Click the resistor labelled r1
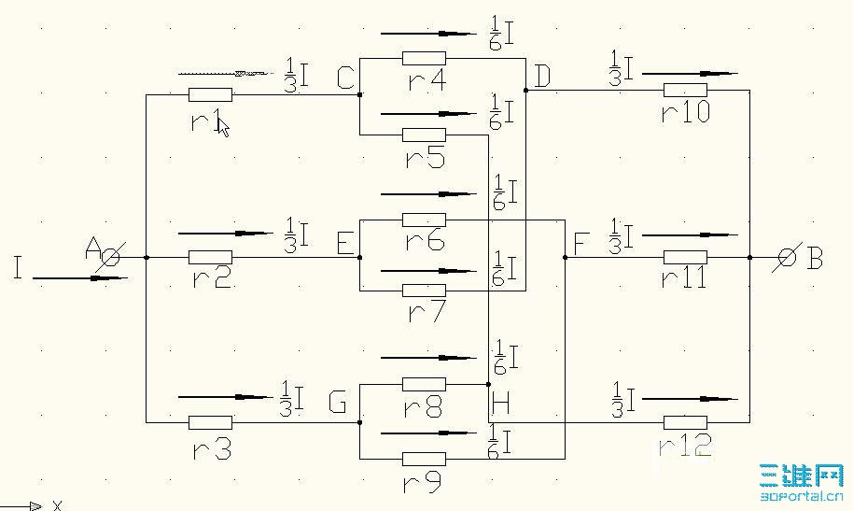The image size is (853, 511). tap(210, 94)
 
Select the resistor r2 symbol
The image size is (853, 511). tap(210, 257)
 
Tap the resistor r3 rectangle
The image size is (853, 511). tap(210, 422)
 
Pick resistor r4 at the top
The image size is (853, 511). tap(424, 58)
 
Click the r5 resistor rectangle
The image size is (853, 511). tap(424, 135)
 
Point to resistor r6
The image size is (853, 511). tap(424, 220)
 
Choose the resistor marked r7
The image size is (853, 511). tap(424, 290)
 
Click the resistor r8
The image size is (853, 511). tap(424, 384)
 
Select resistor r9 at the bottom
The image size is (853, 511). tap(424, 459)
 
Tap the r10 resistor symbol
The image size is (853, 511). tap(685, 91)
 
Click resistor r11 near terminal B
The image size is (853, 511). tap(685, 257)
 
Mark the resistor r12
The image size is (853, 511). tap(685, 422)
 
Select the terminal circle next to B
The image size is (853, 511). tap(787, 257)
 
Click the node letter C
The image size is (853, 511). tap(344, 80)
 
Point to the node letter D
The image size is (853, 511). tap(542, 78)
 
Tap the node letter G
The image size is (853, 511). tap(338, 404)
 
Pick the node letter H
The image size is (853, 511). tap(500, 403)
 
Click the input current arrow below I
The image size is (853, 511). tap(79, 277)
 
